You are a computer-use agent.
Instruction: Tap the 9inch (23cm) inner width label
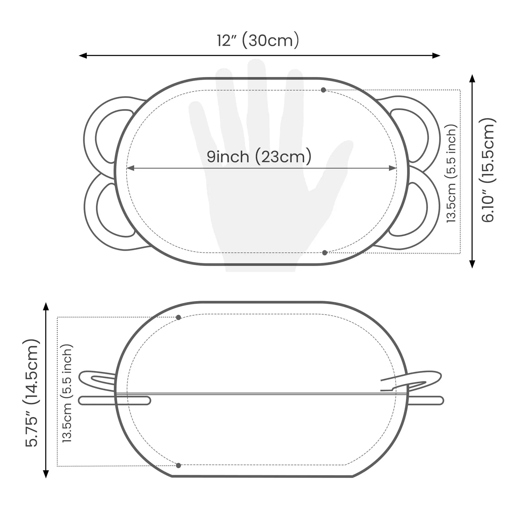[x=259, y=157]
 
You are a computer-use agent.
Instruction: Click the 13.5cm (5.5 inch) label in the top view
[x=451, y=174]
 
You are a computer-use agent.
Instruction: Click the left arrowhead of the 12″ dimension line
[x=82, y=55]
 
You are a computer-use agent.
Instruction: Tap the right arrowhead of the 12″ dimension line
[x=437, y=55]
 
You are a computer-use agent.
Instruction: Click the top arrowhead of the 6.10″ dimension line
[x=472, y=78]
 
